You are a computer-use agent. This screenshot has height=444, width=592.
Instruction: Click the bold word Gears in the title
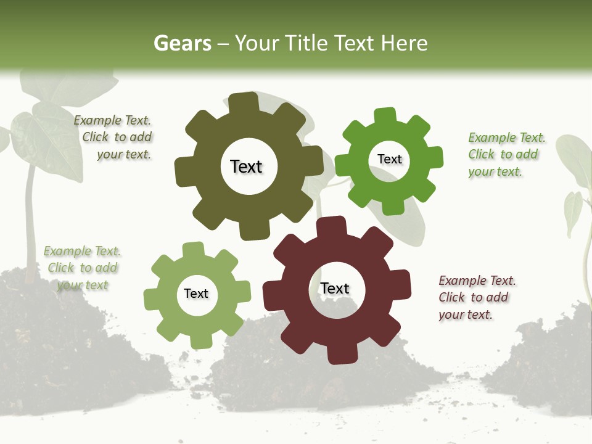tap(182, 43)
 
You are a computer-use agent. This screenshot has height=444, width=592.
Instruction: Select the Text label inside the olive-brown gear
tap(246, 166)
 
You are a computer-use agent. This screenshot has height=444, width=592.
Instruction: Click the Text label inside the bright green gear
tap(389, 159)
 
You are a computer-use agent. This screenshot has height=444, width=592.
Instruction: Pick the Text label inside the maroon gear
tap(335, 288)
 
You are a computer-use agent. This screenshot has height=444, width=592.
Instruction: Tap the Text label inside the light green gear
tap(196, 294)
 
